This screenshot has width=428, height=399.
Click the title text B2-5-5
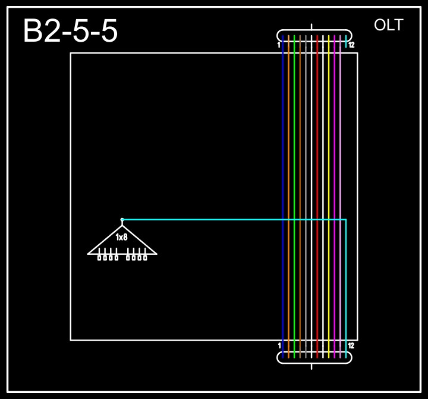(70, 32)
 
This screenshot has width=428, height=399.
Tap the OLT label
(389, 25)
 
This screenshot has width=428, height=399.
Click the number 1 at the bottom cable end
(279, 345)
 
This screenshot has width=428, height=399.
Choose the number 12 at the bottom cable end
(351, 345)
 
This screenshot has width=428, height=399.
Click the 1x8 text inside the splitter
(122, 238)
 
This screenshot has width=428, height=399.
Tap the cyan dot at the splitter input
(122, 220)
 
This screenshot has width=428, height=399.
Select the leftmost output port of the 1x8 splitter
(99, 257)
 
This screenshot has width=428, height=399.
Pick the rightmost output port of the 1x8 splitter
(145, 257)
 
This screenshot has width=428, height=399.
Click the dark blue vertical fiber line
(282, 149)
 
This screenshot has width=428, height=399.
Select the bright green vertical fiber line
(294, 149)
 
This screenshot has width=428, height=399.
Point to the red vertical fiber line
(317, 149)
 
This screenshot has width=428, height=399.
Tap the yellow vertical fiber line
(329, 149)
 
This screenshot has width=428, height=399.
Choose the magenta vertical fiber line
(335, 149)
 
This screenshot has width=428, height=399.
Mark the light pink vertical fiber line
(340, 149)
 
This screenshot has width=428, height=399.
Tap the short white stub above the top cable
(312, 27)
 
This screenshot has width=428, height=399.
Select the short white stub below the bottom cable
(311, 366)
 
